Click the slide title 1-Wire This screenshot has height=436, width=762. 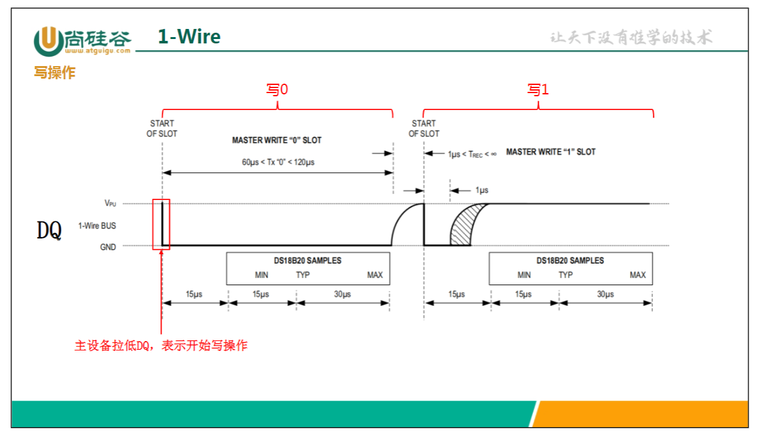tap(189, 37)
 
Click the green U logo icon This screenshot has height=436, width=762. tap(48, 41)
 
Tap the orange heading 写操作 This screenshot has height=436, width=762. tap(55, 73)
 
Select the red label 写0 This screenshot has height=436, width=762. tap(277, 90)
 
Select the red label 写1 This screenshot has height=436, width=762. tap(538, 90)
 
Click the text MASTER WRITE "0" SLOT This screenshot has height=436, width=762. tap(277, 140)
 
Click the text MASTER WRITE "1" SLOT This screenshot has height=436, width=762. tap(551, 152)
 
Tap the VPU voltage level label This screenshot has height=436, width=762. tap(110, 203)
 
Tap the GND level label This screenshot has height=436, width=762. tap(108, 247)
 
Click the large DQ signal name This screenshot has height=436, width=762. tap(49, 231)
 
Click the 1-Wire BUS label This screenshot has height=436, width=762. tap(97, 225)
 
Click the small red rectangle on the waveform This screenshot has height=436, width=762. tap(161, 223)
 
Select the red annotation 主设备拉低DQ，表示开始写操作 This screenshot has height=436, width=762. tap(161, 345)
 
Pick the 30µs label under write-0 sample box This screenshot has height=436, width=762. tap(342, 294)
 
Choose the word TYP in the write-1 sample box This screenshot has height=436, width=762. tap(566, 275)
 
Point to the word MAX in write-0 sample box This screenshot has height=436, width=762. tap(375, 275)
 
